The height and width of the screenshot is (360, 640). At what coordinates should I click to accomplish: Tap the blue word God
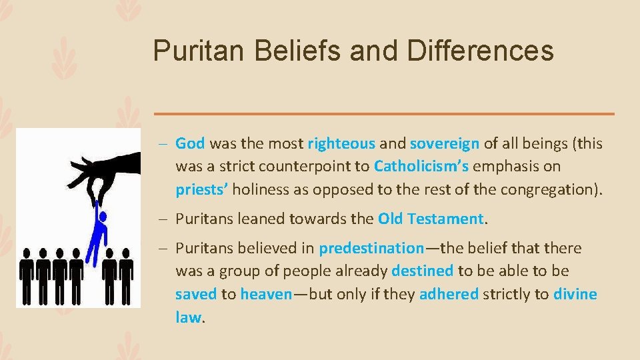(x=190, y=143)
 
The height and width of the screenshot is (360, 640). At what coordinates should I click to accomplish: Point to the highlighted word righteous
(x=341, y=143)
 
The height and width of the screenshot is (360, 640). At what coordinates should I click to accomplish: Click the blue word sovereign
(x=445, y=143)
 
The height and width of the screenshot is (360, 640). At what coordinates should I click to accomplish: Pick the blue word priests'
(x=203, y=189)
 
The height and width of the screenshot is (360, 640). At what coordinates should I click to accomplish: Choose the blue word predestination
(x=371, y=249)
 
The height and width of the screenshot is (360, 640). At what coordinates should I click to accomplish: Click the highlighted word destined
(x=423, y=271)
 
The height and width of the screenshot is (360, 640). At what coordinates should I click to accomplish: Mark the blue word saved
(x=195, y=295)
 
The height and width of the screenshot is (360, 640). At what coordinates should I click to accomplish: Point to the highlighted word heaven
(x=266, y=295)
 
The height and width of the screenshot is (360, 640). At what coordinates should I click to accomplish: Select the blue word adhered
(x=449, y=295)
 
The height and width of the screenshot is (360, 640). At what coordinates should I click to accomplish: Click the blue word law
(x=187, y=317)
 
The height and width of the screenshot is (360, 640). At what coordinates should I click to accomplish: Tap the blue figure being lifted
(x=98, y=233)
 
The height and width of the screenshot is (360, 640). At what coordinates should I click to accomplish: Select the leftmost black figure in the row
(x=27, y=273)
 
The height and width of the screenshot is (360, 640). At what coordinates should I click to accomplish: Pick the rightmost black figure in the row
(x=125, y=273)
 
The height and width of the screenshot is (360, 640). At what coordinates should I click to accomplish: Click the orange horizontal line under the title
(x=383, y=114)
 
